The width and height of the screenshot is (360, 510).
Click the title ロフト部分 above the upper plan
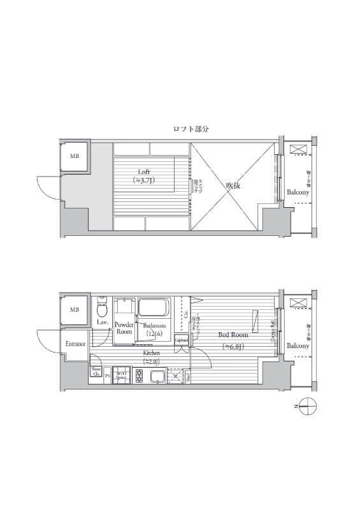tap(191, 129)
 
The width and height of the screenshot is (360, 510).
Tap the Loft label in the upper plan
tap(144, 171)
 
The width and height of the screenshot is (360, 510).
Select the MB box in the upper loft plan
tap(75, 156)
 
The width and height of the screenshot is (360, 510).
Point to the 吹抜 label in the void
tap(233, 186)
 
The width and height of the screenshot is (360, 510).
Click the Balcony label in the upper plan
tap(298, 192)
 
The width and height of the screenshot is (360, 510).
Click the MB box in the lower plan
tap(75, 310)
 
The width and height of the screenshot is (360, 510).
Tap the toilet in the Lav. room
tap(101, 310)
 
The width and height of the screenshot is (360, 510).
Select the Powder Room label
tap(124, 328)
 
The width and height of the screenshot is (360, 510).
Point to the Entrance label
tap(75, 344)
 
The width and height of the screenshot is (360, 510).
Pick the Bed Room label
tap(233, 335)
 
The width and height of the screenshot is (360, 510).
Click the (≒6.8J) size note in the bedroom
tap(233, 347)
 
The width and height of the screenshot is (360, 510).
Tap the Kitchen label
tap(151, 353)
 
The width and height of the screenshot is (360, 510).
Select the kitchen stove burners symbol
tap(139, 375)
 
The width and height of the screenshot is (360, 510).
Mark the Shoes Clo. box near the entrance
tap(96, 371)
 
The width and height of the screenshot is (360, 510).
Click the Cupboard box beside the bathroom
tap(182, 340)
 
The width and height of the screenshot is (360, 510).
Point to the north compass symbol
tap(307, 405)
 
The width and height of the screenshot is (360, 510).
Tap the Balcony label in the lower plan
tap(298, 346)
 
